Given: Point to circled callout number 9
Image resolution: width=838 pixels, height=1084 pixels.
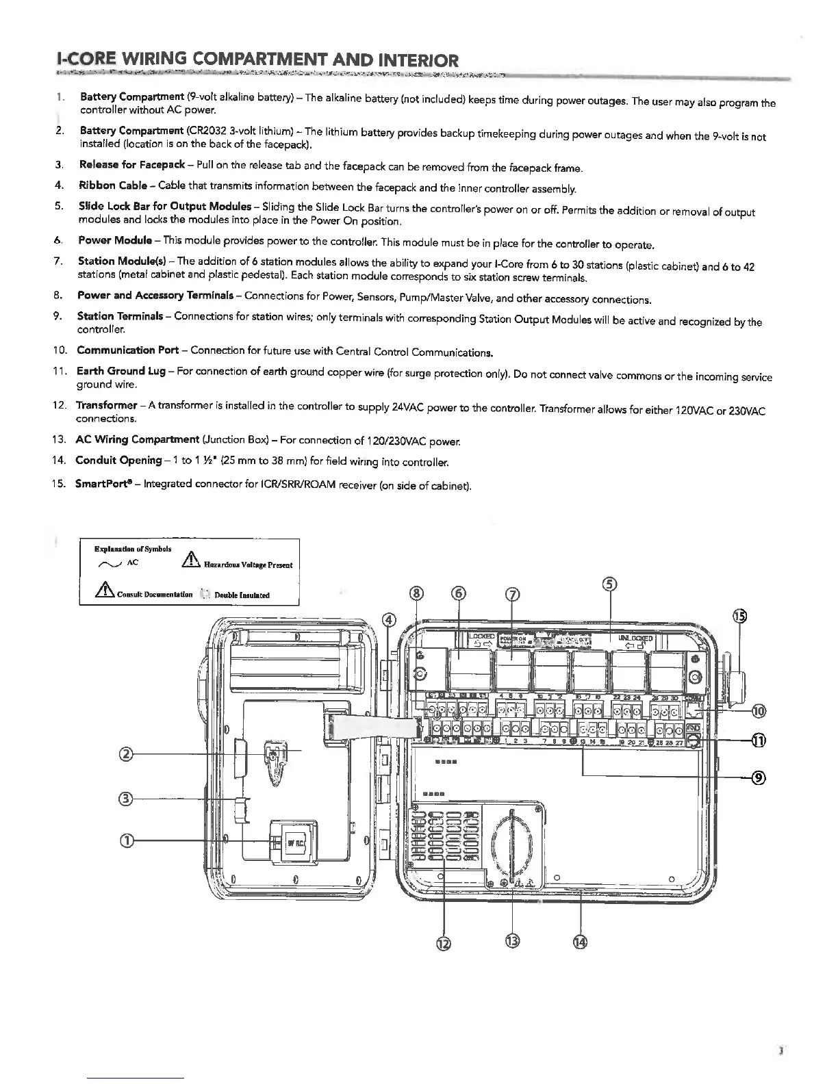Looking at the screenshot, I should tap(758, 777).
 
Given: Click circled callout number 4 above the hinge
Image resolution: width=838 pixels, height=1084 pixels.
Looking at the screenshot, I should tap(389, 620).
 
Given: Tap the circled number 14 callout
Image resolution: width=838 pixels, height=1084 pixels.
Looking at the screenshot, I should tap(581, 942).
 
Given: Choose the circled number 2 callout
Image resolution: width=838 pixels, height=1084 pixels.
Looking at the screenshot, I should tap(125, 755).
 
